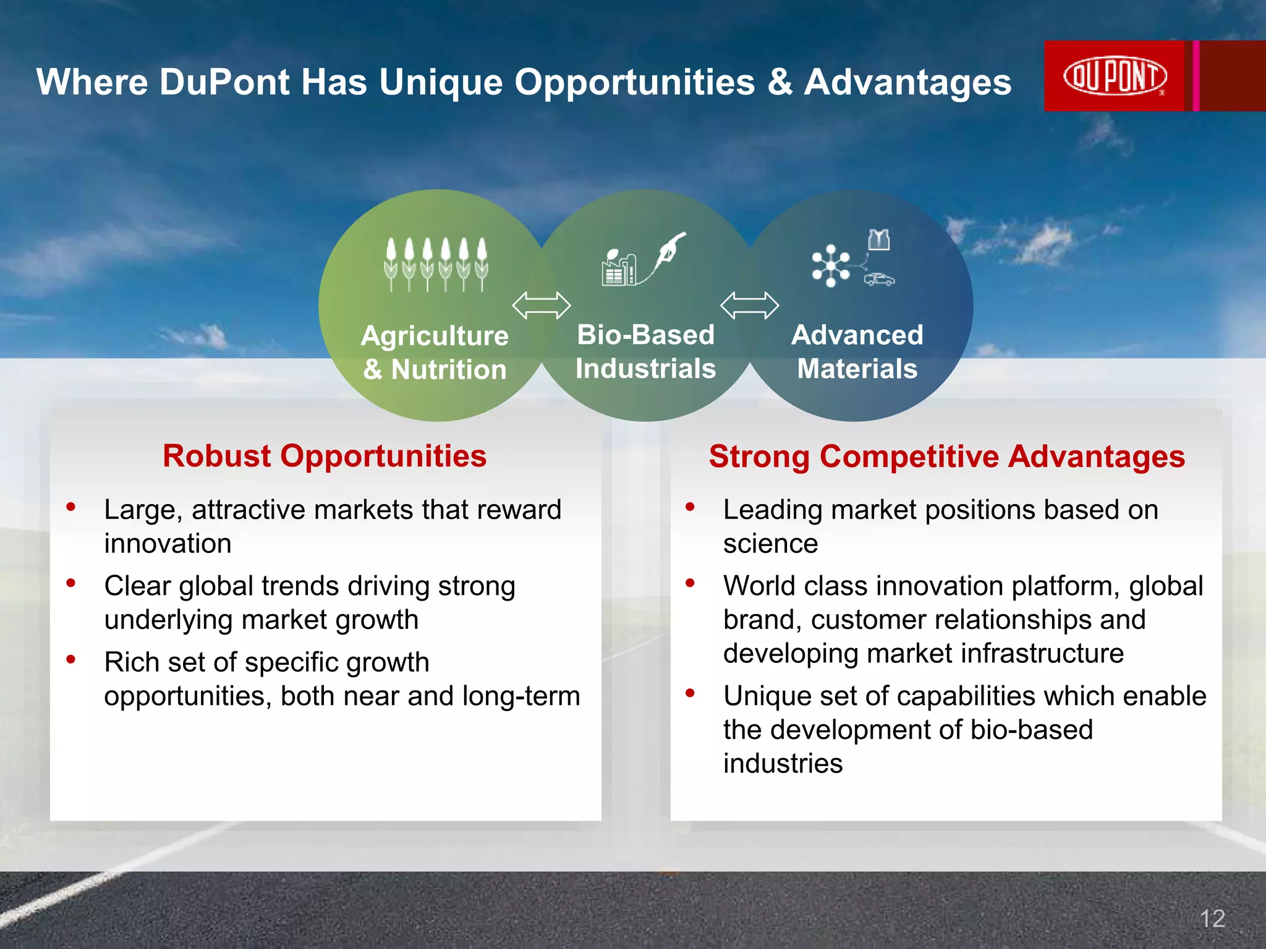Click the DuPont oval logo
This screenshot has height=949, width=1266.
click(x=1115, y=77)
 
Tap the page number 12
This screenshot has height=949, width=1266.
click(x=1212, y=919)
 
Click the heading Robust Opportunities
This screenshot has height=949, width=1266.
click(x=325, y=456)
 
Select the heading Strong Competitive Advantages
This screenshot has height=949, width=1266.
click(x=946, y=457)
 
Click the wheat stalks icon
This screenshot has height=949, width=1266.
click(x=436, y=264)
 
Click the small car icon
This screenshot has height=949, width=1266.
click(x=879, y=279)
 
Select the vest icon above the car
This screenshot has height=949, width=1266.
click(x=878, y=239)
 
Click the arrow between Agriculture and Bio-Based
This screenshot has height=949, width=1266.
click(x=542, y=305)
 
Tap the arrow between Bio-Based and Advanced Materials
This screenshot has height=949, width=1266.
click(x=749, y=305)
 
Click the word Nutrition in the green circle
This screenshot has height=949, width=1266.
click(x=449, y=369)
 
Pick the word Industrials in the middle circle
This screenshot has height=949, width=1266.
click(x=645, y=368)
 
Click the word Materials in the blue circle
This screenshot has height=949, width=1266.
click(x=857, y=369)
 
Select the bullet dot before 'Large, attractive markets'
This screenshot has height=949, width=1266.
click(x=71, y=507)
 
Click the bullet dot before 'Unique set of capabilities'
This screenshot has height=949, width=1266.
click(x=690, y=693)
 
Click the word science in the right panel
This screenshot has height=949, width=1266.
click(x=770, y=544)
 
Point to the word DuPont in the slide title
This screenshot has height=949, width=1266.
click(x=224, y=82)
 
